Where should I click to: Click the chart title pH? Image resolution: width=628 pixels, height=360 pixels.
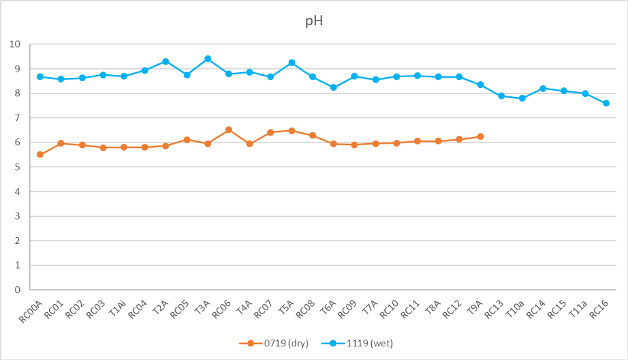coord(313,20)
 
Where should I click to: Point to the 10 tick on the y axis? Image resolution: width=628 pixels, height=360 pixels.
coord(15,44)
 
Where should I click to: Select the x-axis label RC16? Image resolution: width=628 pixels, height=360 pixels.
coord(599,309)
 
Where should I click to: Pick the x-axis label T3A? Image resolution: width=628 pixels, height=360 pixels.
coord(202,307)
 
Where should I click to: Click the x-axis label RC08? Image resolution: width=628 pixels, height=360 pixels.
coord(305,309)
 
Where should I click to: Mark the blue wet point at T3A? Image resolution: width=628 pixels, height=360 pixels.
coord(208,59)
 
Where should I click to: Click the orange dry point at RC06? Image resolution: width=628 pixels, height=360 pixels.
coord(229,130)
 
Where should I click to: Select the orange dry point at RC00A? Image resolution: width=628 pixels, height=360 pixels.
coord(40,155)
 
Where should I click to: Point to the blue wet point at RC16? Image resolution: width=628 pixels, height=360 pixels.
coord(606,103)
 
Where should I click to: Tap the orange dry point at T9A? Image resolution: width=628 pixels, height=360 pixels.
coord(480,136)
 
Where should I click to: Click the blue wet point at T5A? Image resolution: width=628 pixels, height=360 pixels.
coord(292,63)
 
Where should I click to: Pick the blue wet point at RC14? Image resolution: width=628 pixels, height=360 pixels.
coord(543,89)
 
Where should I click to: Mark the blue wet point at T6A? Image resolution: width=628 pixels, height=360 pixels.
coord(334,87)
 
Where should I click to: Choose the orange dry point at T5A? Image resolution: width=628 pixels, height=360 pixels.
coord(292,130)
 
